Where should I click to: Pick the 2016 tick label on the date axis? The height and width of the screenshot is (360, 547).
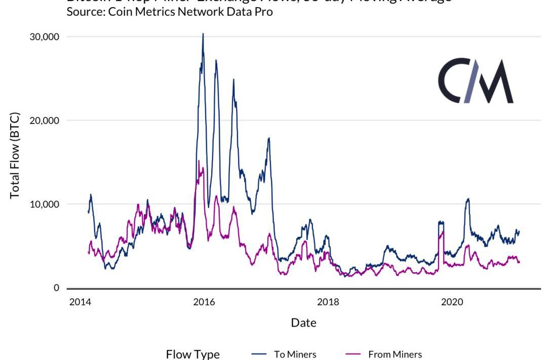point(204,302)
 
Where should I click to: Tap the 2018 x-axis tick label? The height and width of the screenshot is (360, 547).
point(328,302)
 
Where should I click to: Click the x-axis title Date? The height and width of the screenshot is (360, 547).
point(303,323)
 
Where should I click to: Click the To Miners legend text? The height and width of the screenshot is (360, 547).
point(295,354)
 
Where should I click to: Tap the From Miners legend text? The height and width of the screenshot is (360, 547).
point(395,354)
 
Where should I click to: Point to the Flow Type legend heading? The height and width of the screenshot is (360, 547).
point(193,354)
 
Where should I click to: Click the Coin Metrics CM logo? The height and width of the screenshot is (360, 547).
point(475,81)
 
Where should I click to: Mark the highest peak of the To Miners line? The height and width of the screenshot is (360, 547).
point(203,34)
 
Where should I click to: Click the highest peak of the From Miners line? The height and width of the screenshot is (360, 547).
point(199,161)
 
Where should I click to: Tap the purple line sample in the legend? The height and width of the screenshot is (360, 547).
point(353,354)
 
